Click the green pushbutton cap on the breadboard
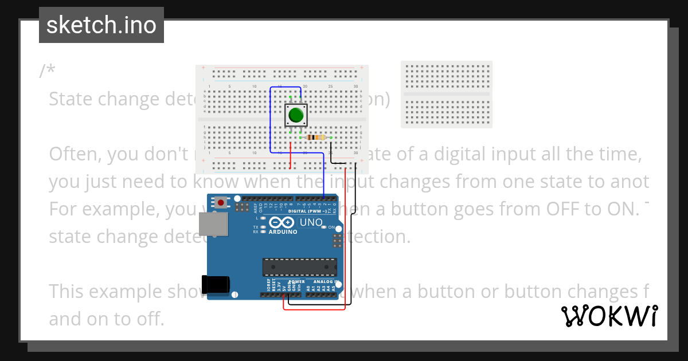[x=296, y=115]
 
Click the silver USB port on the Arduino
[x=213, y=224]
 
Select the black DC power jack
[x=216, y=285]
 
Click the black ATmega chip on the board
[x=299, y=267]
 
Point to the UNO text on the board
[x=311, y=222]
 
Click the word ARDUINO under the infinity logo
[x=283, y=232]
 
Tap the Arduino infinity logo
[x=282, y=222]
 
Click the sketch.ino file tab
[x=101, y=25]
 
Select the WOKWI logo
[x=609, y=316]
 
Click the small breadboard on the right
[x=447, y=95]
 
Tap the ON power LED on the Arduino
[x=325, y=227]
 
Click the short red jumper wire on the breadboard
[x=291, y=156]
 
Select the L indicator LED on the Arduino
[x=263, y=219]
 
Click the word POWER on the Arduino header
[x=297, y=282]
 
